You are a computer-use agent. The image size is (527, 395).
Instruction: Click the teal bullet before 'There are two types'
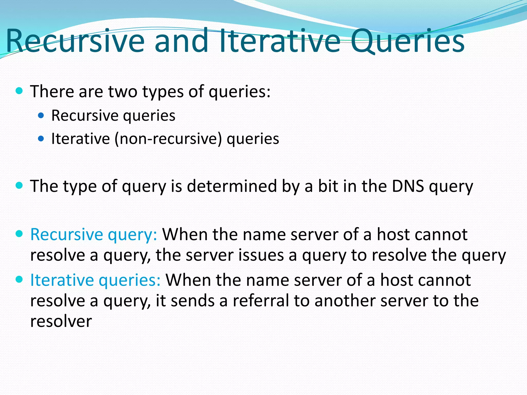click(x=19, y=91)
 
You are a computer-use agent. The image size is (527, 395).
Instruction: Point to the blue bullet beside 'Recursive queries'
click(x=41, y=115)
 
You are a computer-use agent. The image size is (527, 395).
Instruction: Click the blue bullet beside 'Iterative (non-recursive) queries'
click(x=41, y=139)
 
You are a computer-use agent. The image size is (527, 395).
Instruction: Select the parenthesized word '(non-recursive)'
click(x=168, y=139)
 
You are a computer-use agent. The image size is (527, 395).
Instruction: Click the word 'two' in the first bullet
click(x=122, y=91)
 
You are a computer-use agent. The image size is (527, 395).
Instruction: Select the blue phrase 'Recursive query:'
click(x=94, y=235)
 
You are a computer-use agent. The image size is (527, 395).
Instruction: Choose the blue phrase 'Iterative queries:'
click(x=95, y=280)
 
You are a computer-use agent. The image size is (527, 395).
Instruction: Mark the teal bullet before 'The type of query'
click(x=19, y=185)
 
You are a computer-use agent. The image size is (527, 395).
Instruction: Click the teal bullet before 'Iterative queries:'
click(x=19, y=279)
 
